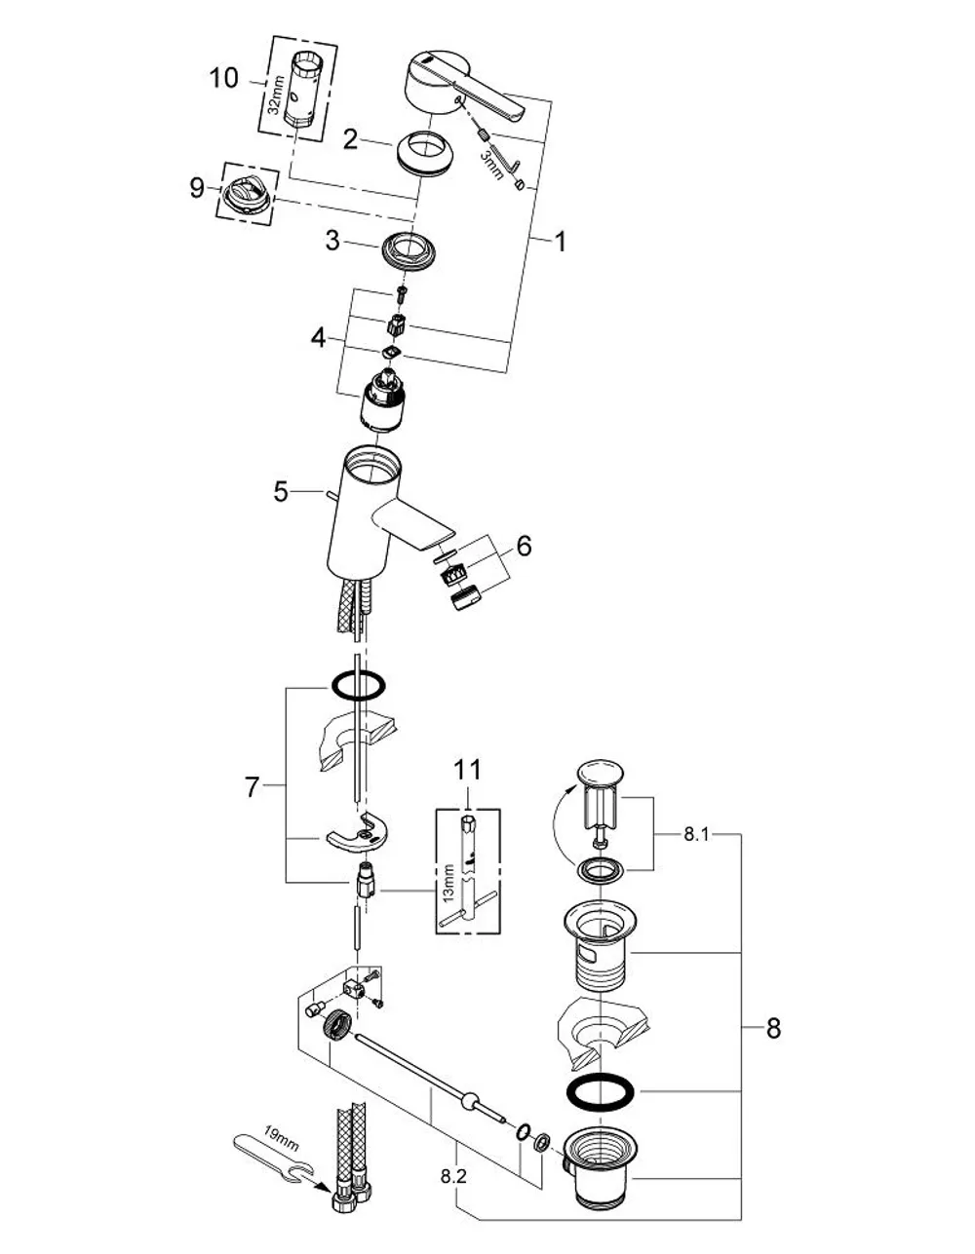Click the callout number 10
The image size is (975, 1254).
(224, 78)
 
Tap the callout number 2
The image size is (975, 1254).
(350, 139)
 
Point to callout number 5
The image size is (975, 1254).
(281, 492)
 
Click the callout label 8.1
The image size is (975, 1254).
(696, 834)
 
